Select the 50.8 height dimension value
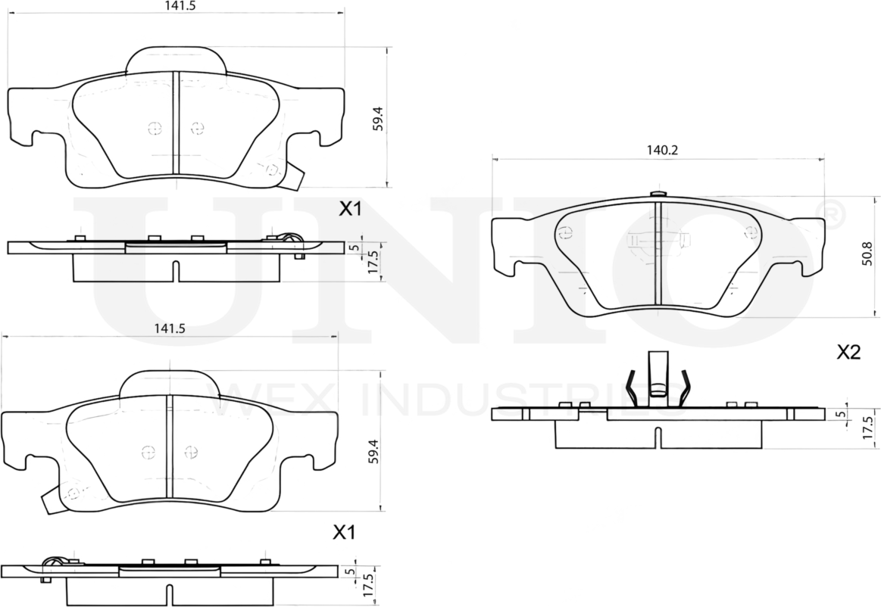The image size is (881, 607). [866, 254]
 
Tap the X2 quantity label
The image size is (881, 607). [848, 352]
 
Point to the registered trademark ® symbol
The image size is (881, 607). [830, 213]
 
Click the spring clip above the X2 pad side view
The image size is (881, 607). [657, 378]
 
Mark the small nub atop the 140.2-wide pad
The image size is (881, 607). [657, 194]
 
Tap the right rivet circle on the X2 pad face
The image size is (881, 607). [751, 232]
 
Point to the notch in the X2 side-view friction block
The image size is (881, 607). [658, 437]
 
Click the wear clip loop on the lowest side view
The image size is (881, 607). [55, 562]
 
